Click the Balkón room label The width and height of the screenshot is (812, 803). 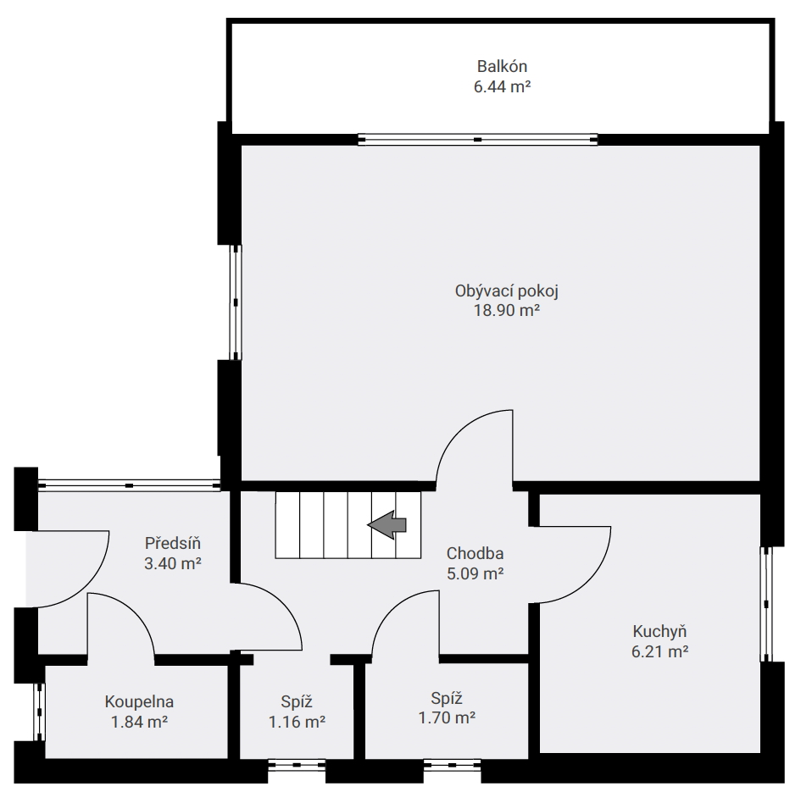(x=502, y=66)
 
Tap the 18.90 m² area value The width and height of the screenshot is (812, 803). (x=507, y=310)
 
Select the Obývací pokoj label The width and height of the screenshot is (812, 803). (x=507, y=291)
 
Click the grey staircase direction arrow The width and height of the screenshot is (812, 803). (x=387, y=524)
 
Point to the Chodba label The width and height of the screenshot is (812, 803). (x=475, y=554)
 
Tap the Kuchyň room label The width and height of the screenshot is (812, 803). (x=659, y=632)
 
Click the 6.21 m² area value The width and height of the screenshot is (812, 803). (x=659, y=651)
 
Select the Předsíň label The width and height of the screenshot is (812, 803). (x=172, y=543)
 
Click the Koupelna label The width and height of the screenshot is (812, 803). (x=139, y=702)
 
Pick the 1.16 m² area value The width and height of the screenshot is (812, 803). (x=297, y=722)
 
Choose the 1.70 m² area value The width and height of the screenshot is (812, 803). (x=447, y=718)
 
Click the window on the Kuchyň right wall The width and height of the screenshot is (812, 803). (x=766, y=604)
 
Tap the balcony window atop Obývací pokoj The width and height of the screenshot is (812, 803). (x=477, y=139)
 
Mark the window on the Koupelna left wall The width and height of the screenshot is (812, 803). (x=39, y=712)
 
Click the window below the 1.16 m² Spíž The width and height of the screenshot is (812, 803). (x=297, y=765)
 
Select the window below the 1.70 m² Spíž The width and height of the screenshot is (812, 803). (x=452, y=765)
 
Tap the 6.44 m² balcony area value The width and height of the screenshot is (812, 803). (x=502, y=86)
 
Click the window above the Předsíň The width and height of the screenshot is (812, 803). (x=129, y=485)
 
